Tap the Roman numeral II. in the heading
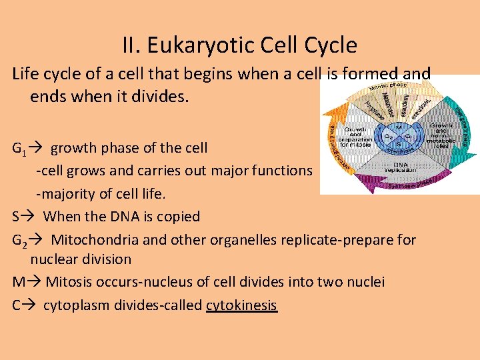(x=131, y=45)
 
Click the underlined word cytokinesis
(x=241, y=305)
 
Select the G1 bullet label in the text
(x=20, y=148)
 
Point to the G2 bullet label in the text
(x=20, y=239)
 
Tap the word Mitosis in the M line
(x=69, y=282)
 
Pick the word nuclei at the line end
(x=365, y=282)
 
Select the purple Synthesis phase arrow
(x=400, y=183)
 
